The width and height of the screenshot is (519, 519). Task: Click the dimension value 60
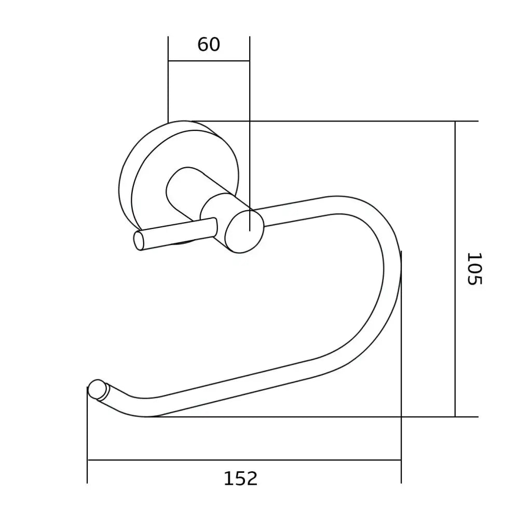pos(209,45)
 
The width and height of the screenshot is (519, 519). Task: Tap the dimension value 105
pos(474,268)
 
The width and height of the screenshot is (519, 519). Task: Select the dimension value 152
pos(240,478)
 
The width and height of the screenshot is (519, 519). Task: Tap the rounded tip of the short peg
pos(139,241)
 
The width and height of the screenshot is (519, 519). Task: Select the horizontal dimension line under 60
pos(209,61)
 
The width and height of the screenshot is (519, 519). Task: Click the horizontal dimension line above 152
pos(244,460)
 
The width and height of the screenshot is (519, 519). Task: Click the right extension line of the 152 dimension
pos(401,363)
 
